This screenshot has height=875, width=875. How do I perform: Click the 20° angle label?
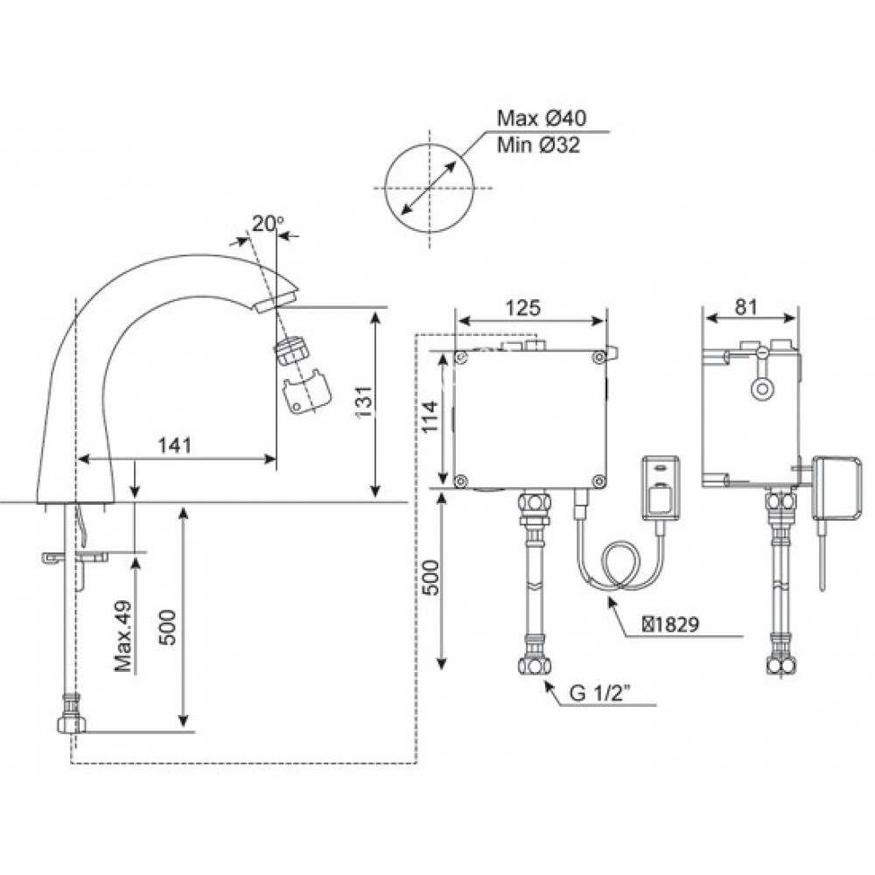(263, 222)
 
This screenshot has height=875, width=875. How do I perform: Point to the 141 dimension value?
(176, 445)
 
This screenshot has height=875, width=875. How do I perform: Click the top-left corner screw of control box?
(460, 357)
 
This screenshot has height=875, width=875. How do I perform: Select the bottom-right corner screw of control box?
(598, 479)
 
